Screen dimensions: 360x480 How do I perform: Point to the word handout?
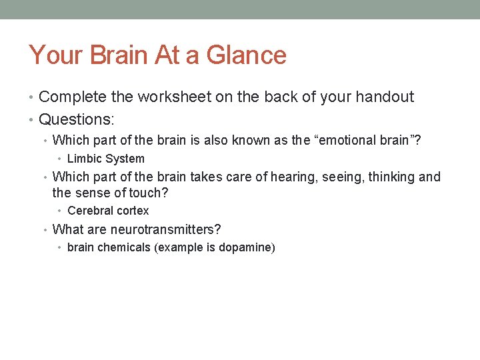(387, 97)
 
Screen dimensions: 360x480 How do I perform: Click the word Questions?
(75, 120)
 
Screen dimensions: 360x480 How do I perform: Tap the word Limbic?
(83, 159)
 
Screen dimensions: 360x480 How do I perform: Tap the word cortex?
(133, 211)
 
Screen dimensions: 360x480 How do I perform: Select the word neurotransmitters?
(165, 229)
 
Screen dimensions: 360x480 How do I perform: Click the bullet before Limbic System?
(60, 159)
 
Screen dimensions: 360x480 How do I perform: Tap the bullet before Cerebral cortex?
(60, 211)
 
